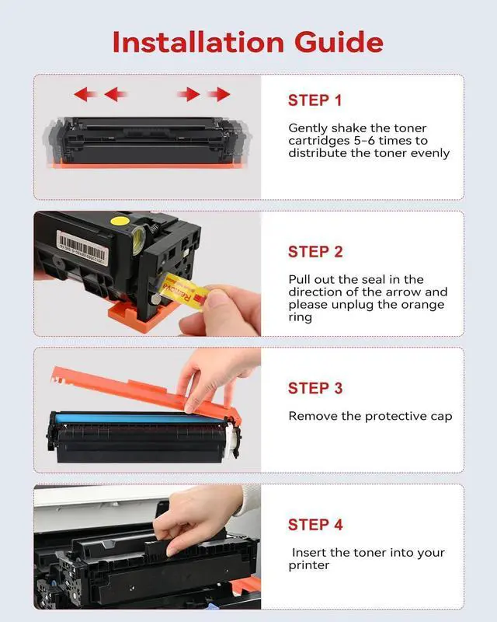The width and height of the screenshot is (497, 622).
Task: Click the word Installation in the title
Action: [x=198, y=42]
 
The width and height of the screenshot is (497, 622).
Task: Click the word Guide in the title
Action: [x=339, y=42]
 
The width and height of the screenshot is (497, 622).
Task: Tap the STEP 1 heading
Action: [x=315, y=100]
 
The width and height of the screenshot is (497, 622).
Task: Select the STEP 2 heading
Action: [x=315, y=252]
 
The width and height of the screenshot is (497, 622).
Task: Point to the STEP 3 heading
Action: [x=315, y=388]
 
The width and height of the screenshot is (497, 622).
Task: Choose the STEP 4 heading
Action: [x=315, y=525]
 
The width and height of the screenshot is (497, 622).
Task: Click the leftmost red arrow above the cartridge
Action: [x=85, y=94]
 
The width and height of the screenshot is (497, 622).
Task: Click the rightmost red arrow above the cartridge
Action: [x=219, y=94]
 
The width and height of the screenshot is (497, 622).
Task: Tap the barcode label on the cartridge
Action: [x=82, y=248]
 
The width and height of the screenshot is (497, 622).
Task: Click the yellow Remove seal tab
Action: [x=185, y=291]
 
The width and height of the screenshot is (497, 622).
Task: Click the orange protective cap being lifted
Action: [x=146, y=392]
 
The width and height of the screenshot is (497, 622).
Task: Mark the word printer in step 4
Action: [x=309, y=566]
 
